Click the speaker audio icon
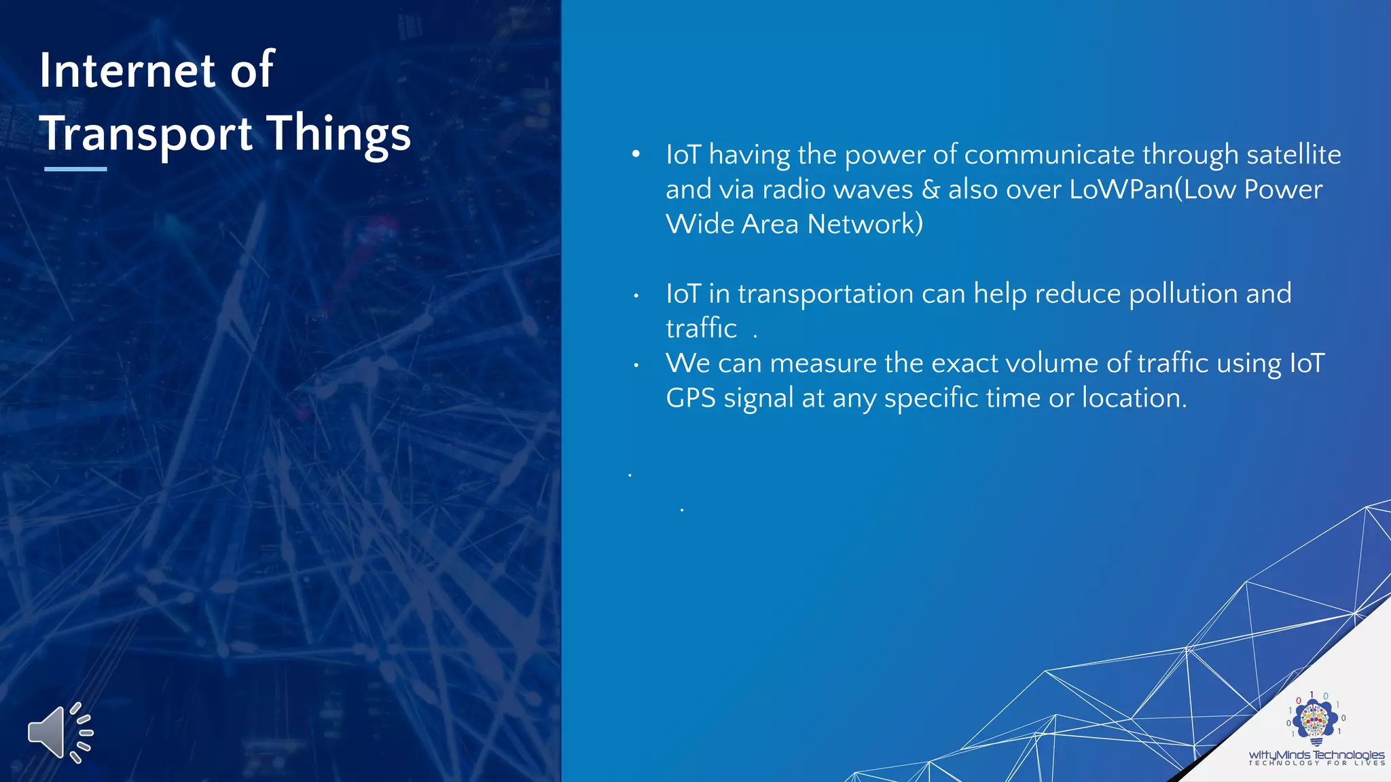coord(60,732)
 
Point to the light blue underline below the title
coord(75,169)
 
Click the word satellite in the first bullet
coord(1293,155)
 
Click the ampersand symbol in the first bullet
coord(931,189)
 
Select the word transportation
coord(825,294)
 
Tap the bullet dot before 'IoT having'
coord(636,155)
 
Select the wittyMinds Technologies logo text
coord(1316,755)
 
